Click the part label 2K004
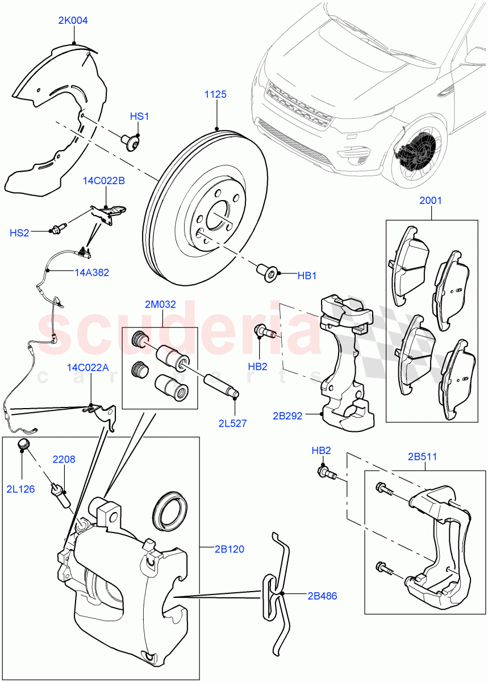(x=73, y=21)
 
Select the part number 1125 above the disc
(x=215, y=94)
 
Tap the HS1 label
(x=139, y=117)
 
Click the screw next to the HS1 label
(x=132, y=142)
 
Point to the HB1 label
(x=307, y=276)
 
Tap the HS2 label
(x=19, y=232)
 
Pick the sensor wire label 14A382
(x=91, y=272)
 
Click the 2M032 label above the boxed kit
(x=160, y=304)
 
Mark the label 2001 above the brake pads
(x=430, y=201)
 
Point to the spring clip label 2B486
(x=322, y=596)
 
